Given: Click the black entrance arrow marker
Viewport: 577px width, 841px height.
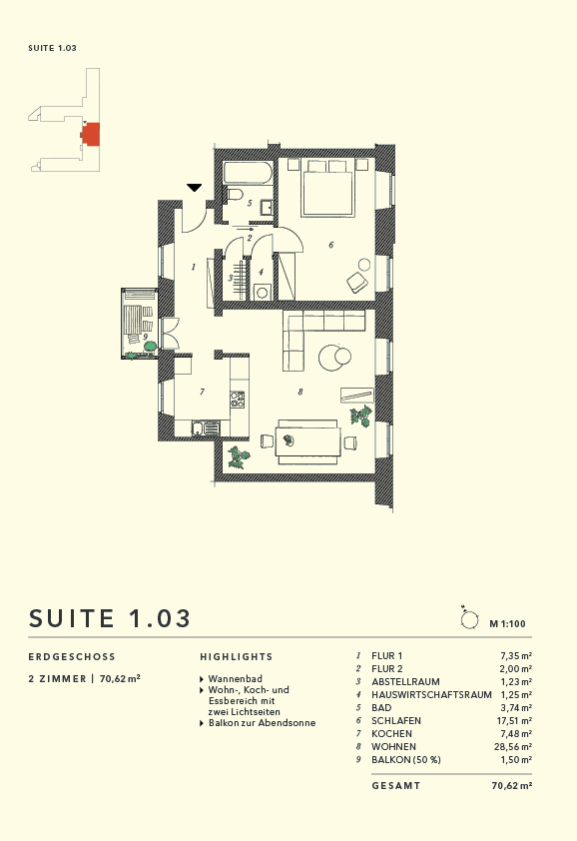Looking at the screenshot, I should [195, 187].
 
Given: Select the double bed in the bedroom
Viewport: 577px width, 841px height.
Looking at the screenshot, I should [327, 190].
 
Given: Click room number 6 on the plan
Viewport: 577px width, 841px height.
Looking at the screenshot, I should [330, 245].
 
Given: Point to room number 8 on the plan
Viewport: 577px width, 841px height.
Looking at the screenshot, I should [299, 392].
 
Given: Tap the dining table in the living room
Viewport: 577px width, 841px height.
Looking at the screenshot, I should [308, 439].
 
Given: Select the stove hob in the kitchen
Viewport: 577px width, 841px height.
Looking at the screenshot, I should [238, 401].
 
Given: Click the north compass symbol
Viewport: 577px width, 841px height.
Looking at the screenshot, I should [467, 619].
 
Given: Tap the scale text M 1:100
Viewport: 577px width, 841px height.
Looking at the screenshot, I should [507, 623].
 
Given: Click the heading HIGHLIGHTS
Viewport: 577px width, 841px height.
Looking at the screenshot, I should [236, 657].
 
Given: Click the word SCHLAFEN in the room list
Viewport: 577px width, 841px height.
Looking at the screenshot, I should [395, 720].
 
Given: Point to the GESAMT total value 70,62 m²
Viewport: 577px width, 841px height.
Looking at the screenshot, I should [511, 786].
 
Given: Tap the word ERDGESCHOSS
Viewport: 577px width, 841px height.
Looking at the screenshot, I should [72, 657].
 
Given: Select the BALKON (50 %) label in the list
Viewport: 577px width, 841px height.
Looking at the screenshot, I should [405, 759].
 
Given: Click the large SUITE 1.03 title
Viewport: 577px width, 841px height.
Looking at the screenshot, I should [110, 617].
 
